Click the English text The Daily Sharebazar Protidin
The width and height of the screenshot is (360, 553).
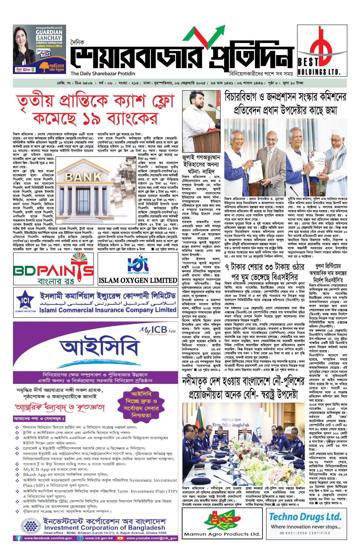[x=103, y=74]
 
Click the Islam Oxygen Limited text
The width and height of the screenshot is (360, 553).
[x=138, y=280]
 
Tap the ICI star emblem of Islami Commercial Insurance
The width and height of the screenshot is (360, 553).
[x=26, y=300]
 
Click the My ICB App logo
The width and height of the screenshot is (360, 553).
[x=157, y=330]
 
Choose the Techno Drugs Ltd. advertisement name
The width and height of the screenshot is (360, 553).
[x=305, y=517]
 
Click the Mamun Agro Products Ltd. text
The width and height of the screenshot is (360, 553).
[x=222, y=534]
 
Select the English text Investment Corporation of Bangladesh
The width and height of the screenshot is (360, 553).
[x=104, y=527]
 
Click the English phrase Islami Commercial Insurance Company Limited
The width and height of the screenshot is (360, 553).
[x=108, y=310]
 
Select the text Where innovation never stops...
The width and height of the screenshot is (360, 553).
[x=306, y=527]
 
